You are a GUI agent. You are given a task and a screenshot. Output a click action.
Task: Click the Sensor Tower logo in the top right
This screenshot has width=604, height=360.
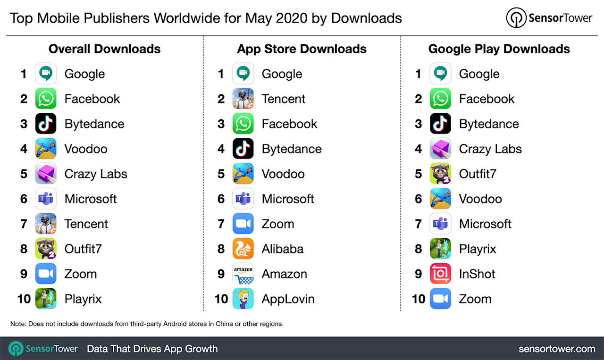[x=549, y=18]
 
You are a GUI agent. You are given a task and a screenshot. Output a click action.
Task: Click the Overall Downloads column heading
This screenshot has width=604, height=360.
[x=105, y=49]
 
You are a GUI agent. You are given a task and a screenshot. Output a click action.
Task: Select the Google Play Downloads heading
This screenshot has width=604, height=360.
[x=499, y=49]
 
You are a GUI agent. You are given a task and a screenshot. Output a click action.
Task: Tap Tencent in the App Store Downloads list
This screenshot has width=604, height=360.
[x=283, y=99]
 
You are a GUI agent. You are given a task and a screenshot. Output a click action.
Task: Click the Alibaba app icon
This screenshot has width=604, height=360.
[x=243, y=249]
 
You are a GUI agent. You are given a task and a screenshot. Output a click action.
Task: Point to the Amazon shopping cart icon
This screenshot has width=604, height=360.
[x=243, y=274]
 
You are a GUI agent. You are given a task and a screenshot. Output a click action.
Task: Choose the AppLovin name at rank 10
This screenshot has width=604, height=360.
[x=288, y=299]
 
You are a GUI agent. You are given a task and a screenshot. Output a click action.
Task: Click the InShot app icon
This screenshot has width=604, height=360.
[x=440, y=274]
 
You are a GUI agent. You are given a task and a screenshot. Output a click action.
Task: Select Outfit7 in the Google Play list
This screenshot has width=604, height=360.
[x=477, y=174]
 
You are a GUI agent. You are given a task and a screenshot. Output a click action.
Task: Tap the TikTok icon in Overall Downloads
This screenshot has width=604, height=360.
[x=46, y=124]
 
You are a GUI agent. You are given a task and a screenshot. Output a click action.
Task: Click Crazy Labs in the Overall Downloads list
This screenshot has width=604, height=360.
[x=96, y=174]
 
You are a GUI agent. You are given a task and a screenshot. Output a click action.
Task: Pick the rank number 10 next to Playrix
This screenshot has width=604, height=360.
[x=24, y=299]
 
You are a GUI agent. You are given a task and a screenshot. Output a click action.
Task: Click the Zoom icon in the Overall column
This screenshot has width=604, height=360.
[x=46, y=274]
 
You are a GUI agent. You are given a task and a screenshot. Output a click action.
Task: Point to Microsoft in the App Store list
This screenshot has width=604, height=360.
[x=288, y=199]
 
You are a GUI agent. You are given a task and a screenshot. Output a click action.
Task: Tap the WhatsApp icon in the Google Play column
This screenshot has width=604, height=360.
[x=440, y=99]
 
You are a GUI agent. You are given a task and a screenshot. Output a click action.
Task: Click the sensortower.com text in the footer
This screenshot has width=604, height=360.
[x=556, y=349]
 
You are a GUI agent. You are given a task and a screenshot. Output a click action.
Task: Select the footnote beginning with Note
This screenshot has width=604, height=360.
[x=147, y=324]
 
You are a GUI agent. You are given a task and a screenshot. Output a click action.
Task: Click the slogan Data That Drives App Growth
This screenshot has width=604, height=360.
[x=152, y=349]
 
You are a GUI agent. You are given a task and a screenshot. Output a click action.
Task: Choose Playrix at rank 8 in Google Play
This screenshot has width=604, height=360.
[x=477, y=249]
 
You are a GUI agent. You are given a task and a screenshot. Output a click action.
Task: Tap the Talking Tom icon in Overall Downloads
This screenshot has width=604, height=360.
[x=46, y=249]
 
